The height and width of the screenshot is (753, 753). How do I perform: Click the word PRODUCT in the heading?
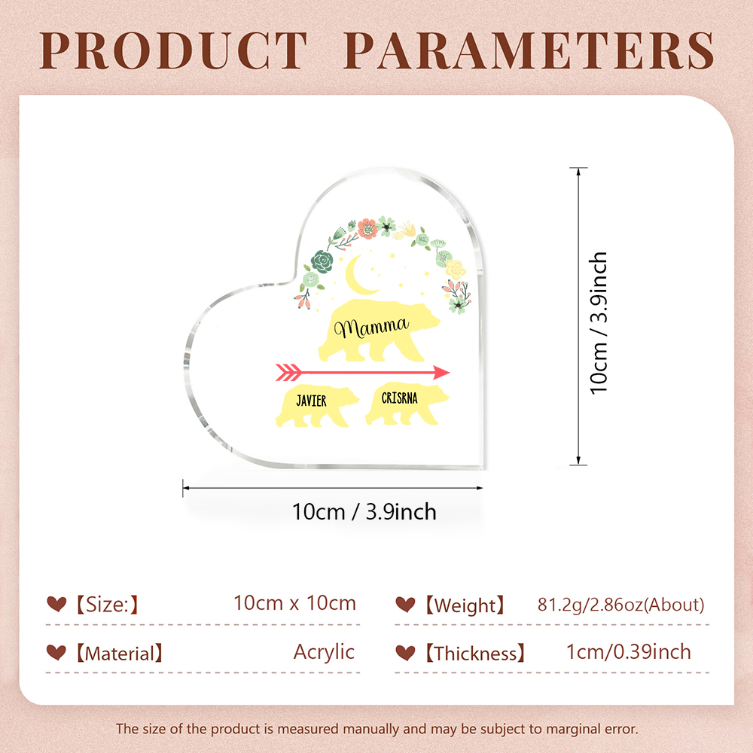pyautogui.click(x=173, y=51)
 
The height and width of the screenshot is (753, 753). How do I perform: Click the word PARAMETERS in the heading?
pyautogui.click(x=529, y=51)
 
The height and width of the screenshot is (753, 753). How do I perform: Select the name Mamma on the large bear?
pyautogui.click(x=371, y=328)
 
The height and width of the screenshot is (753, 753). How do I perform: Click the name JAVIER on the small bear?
pyautogui.click(x=311, y=401)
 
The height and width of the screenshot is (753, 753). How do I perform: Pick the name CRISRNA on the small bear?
pyautogui.click(x=400, y=398)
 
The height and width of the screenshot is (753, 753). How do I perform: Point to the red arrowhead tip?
pyautogui.click(x=450, y=372)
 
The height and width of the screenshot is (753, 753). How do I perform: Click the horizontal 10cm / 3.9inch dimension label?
pyautogui.click(x=364, y=512)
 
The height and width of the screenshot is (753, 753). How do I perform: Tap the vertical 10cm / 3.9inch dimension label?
pyautogui.click(x=599, y=323)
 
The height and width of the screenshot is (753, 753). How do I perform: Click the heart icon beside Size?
pyautogui.click(x=56, y=604)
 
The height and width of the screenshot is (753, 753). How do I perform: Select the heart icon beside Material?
pyautogui.click(x=56, y=652)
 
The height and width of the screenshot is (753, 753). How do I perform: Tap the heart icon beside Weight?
pyautogui.click(x=405, y=604)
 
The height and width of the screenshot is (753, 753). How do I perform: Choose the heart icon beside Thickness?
pyautogui.click(x=405, y=653)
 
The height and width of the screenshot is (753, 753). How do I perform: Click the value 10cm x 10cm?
pyautogui.click(x=295, y=603)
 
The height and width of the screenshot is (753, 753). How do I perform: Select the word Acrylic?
pyautogui.click(x=324, y=652)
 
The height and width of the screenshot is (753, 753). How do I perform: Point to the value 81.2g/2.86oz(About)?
pyautogui.click(x=621, y=605)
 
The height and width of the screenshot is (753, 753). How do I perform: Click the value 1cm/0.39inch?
pyautogui.click(x=629, y=651)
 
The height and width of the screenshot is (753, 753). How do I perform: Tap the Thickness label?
pyautogui.click(x=475, y=654)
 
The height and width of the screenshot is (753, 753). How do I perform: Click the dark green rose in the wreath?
pyautogui.click(x=322, y=261)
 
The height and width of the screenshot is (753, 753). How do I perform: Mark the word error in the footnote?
pyautogui.click(x=621, y=729)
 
